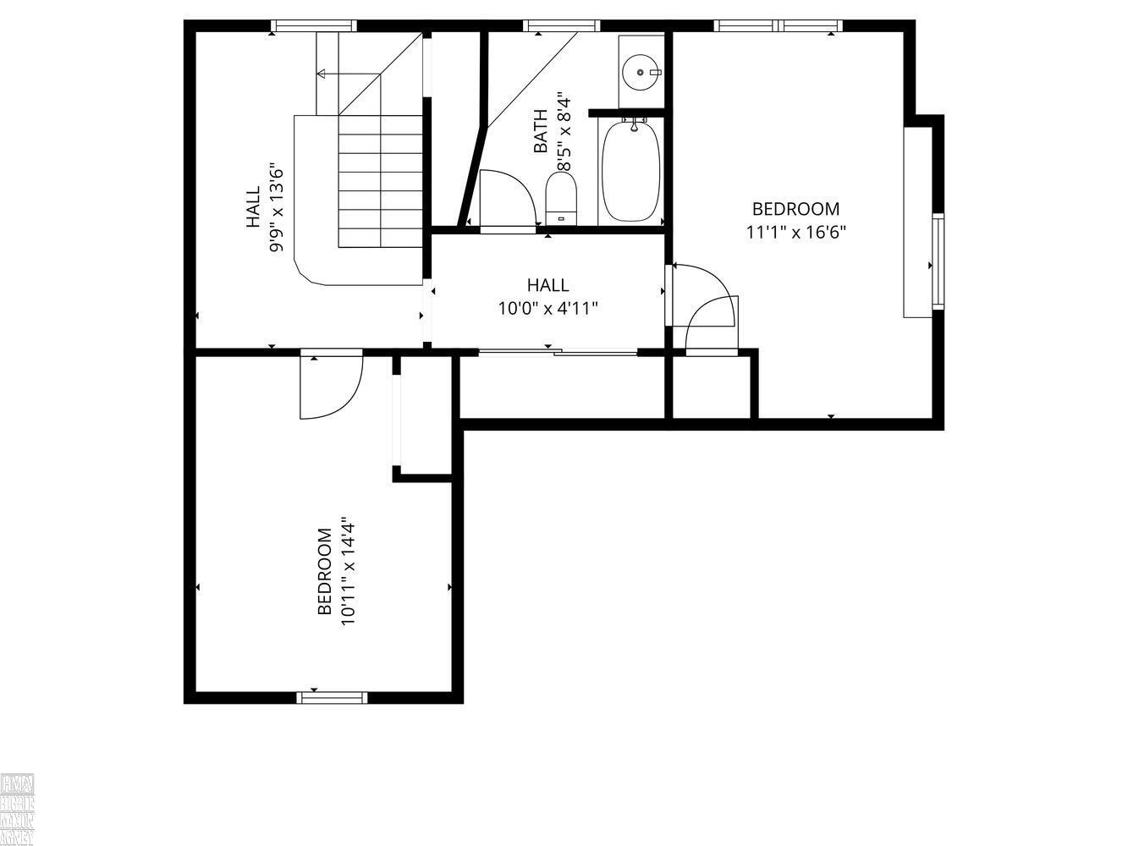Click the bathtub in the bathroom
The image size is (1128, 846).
click(x=630, y=170)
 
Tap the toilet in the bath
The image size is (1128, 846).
click(x=561, y=197)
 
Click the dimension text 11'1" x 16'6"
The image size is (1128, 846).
click(x=795, y=231)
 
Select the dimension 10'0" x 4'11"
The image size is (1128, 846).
click(x=547, y=308)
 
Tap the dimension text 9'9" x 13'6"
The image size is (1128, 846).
click(x=276, y=207)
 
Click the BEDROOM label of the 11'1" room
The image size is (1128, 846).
click(x=795, y=209)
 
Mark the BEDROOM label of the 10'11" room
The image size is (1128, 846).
click(x=324, y=572)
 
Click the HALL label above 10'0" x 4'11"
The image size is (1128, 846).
click(x=547, y=285)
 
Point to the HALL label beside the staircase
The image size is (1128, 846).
click(x=253, y=207)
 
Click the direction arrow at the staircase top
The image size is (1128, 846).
click(x=322, y=74)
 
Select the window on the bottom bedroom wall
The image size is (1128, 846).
click(x=332, y=697)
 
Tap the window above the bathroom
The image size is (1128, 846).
click(x=561, y=25)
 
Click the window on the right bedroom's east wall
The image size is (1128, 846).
click(x=938, y=262)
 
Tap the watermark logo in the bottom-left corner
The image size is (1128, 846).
click(x=17, y=809)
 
